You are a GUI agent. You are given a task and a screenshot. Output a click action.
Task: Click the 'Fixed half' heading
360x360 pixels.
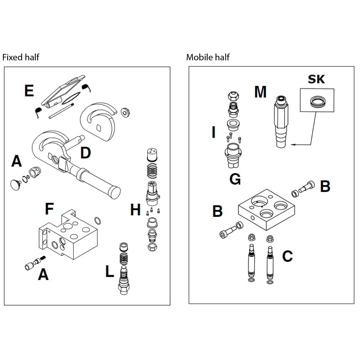click(x=21, y=57)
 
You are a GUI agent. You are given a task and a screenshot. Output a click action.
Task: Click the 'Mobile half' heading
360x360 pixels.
click(x=208, y=57)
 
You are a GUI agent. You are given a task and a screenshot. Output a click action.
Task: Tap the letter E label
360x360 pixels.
click(x=29, y=91)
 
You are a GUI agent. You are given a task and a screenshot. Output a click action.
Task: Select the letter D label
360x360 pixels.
click(x=85, y=153)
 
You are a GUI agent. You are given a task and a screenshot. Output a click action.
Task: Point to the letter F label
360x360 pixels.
click(x=49, y=208)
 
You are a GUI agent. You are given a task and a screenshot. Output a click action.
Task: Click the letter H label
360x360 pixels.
click(x=135, y=210)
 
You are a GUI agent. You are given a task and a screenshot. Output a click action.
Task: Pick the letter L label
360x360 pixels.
click(x=110, y=272)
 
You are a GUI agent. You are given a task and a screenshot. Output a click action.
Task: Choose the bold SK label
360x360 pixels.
click(x=316, y=79)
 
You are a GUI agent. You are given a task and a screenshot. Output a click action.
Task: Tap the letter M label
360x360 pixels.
click(x=260, y=92)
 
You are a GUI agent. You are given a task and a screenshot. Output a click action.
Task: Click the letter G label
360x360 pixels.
click(x=235, y=179)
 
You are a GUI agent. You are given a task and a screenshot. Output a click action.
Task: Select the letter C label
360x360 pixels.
click(x=287, y=256)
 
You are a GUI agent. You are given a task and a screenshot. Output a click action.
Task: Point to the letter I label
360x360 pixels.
click(x=213, y=132)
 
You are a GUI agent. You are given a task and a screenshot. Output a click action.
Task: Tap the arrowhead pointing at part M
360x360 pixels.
click(x=293, y=145)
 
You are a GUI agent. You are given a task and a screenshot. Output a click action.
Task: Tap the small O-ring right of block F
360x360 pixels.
click(x=97, y=220)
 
